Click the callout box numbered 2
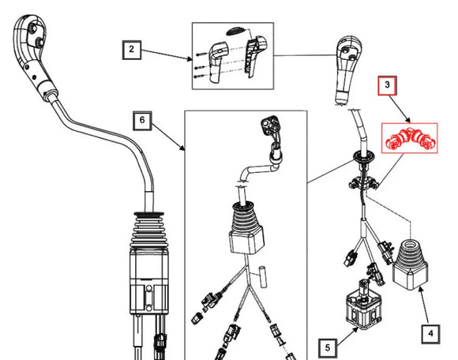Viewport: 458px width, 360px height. point(132,50)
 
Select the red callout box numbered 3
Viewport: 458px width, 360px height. point(387,85)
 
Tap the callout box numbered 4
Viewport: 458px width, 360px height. point(431,334)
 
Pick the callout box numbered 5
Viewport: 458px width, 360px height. point(328,348)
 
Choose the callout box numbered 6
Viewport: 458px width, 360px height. point(142,121)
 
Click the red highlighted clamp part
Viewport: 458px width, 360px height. point(410,139)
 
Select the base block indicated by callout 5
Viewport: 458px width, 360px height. point(363,310)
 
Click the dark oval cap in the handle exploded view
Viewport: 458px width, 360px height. point(236,31)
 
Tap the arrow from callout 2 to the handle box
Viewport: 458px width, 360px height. point(167,55)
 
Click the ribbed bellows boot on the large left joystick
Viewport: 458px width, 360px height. point(148,231)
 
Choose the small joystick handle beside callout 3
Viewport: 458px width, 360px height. point(348,69)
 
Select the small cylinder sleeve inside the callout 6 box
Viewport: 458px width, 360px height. point(263,277)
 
